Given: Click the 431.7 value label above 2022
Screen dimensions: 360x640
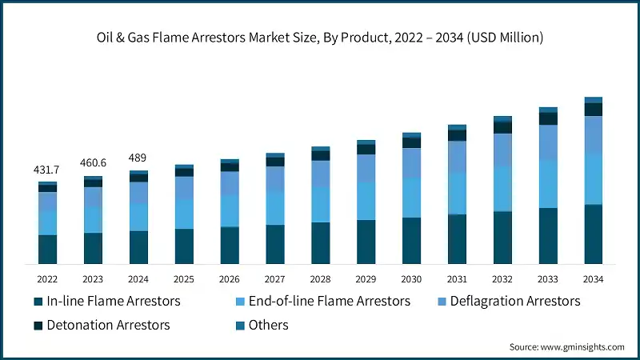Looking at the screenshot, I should [47, 170].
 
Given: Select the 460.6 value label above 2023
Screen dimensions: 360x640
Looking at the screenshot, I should [93, 163].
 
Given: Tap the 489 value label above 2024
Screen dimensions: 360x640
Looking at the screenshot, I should [138, 158].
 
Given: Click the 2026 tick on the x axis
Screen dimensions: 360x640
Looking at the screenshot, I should [230, 278].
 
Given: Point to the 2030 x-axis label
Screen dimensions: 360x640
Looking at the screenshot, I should [411, 278].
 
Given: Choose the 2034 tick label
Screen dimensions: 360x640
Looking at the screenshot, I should [593, 278].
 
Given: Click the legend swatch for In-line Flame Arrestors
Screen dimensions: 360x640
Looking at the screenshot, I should [38, 302].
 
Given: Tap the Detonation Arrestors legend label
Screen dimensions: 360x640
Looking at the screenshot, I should [108, 325].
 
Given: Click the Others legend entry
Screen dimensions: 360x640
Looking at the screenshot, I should [268, 325].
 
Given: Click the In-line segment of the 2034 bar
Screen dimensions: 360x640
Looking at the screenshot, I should [593, 234].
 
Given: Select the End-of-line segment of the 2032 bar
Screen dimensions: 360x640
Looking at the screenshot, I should [502, 189].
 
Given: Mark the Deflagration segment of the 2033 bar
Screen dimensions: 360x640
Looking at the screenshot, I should [547, 142].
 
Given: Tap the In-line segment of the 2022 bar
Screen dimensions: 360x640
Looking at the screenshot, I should [47, 249].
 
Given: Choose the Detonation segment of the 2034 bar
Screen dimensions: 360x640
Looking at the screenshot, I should [593, 110].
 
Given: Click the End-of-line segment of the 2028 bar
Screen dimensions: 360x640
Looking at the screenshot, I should [321, 204].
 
